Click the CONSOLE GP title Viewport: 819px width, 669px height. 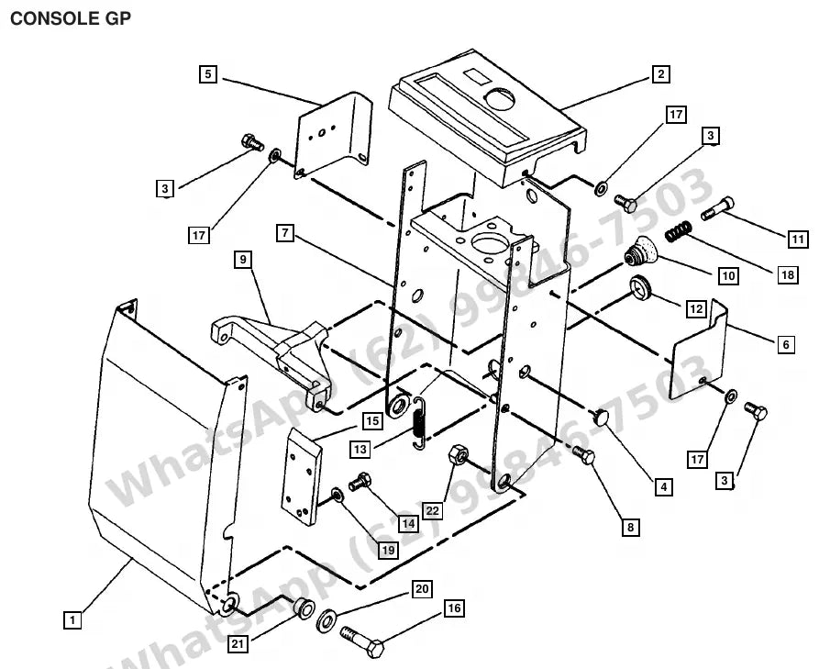point(71,18)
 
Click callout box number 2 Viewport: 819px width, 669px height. point(660,73)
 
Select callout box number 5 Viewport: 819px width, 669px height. point(208,73)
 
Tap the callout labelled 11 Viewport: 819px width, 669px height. point(797,240)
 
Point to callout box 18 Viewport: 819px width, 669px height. point(788,274)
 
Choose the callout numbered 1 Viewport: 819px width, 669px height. point(72,620)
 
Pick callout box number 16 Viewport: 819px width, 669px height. point(454,608)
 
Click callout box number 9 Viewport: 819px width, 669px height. point(243,259)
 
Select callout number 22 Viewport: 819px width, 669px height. point(433,510)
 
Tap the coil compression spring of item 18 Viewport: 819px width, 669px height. point(679,230)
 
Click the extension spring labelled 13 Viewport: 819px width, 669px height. point(419,422)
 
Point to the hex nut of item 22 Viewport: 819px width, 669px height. point(458,453)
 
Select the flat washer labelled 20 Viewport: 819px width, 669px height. point(326,620)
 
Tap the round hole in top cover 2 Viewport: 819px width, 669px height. point(500,98)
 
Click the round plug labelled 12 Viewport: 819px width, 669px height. point(640,287)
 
